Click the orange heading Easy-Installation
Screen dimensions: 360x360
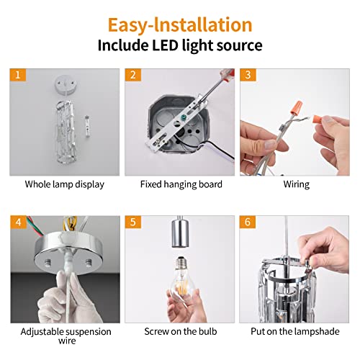click(180, 24)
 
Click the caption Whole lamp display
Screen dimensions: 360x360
click(64, 184)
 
